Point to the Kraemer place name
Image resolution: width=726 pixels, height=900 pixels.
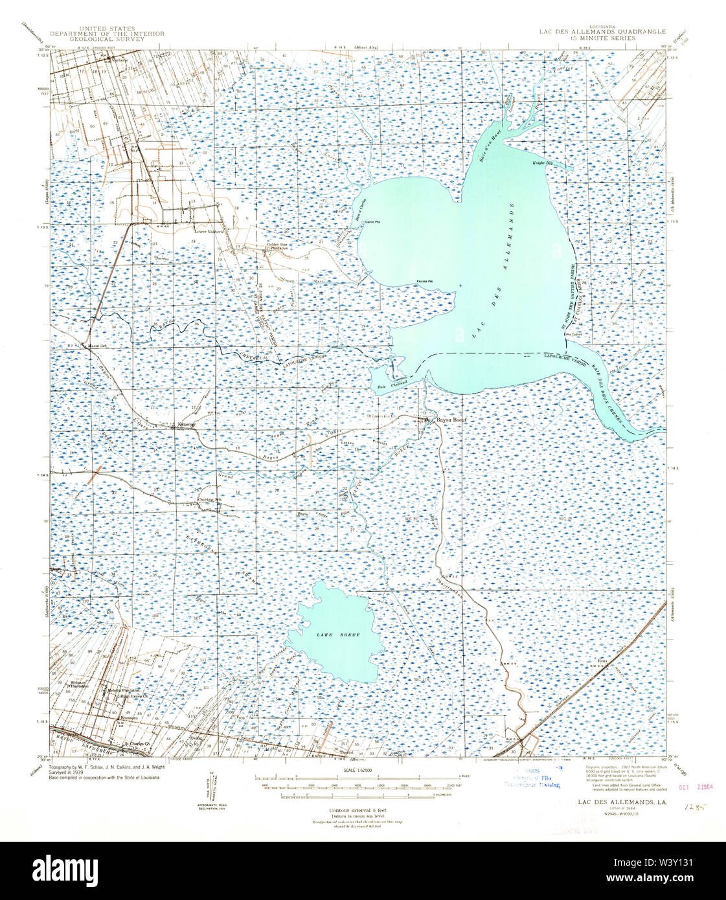point(186,425)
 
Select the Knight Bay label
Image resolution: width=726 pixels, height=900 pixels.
point(542,163)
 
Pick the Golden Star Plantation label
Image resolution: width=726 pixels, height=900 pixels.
point(278,246)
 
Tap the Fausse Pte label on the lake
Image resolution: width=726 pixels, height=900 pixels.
point(424,281)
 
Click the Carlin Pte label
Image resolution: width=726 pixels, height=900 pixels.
point(371,222)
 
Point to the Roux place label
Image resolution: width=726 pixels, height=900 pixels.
point(602,662)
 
